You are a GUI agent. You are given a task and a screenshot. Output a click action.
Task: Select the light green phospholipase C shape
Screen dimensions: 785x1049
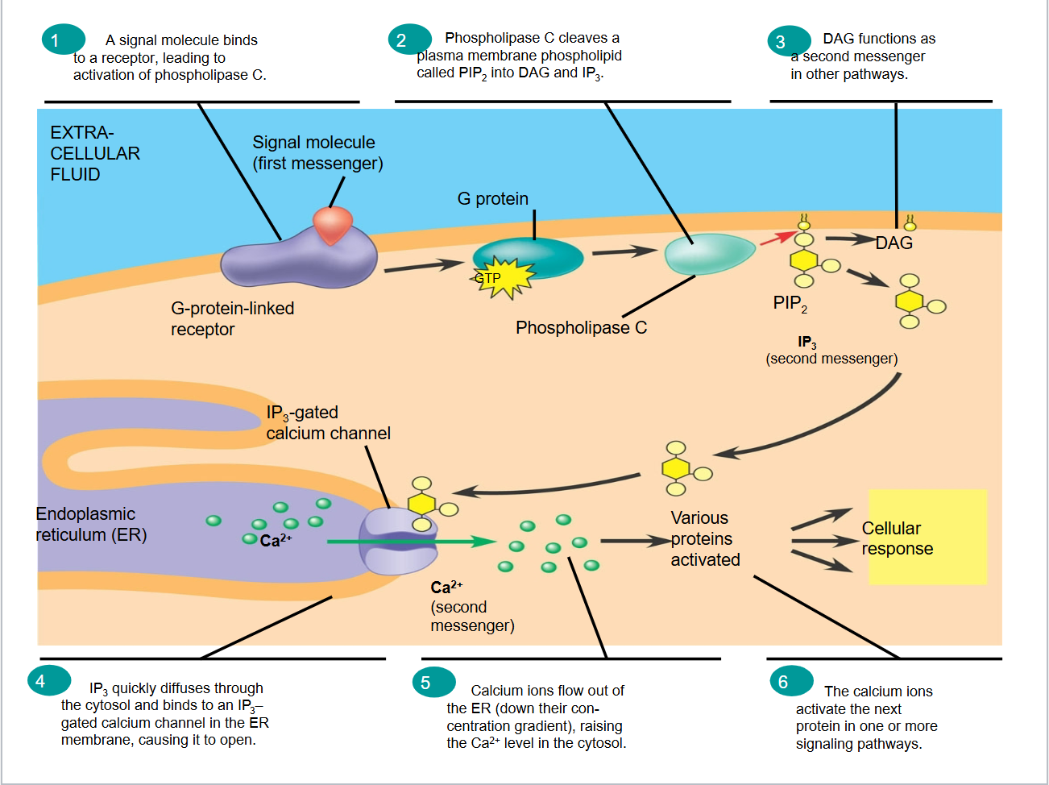pos(707,254)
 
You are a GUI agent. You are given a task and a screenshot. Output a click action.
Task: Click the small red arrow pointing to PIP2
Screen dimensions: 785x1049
pos(777,238)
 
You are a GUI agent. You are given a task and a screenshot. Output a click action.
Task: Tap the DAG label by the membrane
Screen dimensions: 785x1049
pos(894,243)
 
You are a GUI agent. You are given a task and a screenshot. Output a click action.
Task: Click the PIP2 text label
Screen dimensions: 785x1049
pos(790,304)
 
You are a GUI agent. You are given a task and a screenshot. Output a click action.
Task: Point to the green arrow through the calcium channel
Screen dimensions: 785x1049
pos(411,542)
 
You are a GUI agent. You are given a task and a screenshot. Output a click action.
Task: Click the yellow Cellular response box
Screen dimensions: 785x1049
pos(927,537)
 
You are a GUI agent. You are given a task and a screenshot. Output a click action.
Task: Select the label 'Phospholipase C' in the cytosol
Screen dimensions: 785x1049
pos(581,328)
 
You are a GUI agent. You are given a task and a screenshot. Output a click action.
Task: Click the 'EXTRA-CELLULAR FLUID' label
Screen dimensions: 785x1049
pos(94,153)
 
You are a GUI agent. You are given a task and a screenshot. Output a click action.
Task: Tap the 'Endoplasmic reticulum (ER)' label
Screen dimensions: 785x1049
pos(90,525)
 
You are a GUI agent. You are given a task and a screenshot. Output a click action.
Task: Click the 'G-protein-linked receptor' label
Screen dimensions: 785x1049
pos(232,318)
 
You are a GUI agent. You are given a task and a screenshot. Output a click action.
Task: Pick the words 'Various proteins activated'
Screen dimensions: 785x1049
pos(704,539)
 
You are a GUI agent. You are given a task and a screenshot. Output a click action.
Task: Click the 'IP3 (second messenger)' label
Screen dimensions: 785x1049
pos(831,351)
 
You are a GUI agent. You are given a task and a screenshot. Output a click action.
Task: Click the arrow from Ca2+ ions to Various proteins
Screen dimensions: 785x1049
pos(634,541)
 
